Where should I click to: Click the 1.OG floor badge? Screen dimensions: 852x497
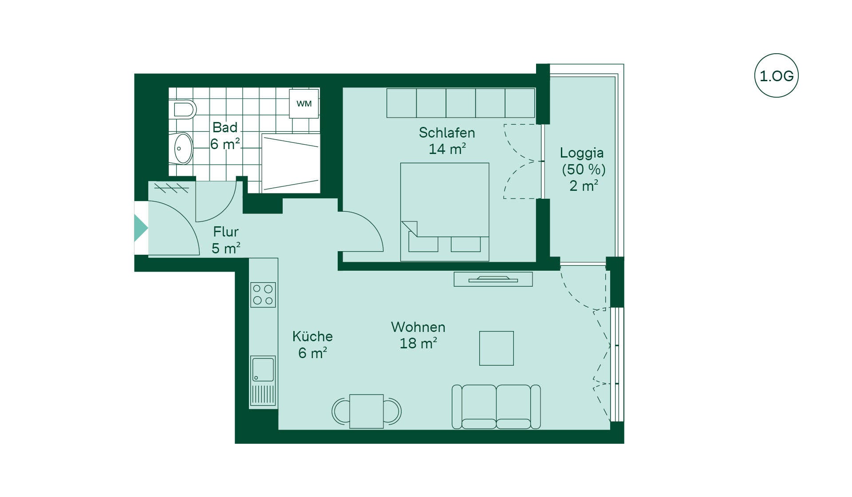coord(776,75)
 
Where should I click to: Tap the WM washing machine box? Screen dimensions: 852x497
coord(304,104)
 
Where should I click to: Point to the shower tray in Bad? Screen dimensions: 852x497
coord(291,163)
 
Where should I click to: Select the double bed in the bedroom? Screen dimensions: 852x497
coord(445,212)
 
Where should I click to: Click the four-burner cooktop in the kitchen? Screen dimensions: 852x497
coord(263,295)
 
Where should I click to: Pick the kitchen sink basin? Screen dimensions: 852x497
coord(263,369)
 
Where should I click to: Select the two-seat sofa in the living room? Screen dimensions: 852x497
coord(496,406)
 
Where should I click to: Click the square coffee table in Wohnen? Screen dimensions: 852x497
coord(497,348)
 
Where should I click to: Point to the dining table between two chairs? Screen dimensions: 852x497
coord(367,411)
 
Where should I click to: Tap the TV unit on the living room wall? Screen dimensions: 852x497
coord(493,279)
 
